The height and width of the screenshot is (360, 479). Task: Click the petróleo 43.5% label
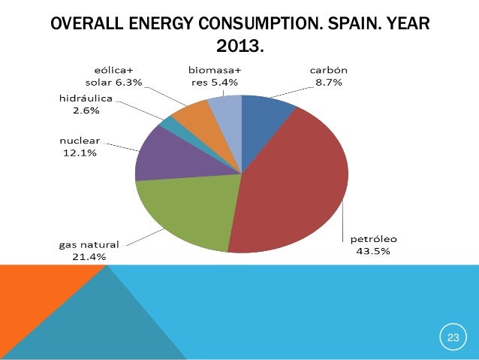(372, 245)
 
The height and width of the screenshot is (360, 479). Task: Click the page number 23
(453, 339)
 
